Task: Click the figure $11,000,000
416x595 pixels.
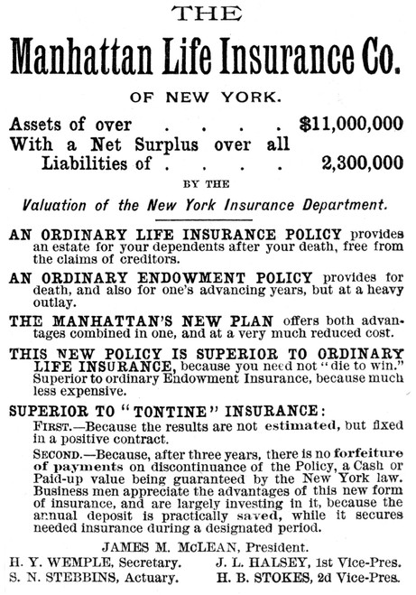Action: pos(353,124)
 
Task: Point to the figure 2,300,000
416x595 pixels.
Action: pos(364,165)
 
